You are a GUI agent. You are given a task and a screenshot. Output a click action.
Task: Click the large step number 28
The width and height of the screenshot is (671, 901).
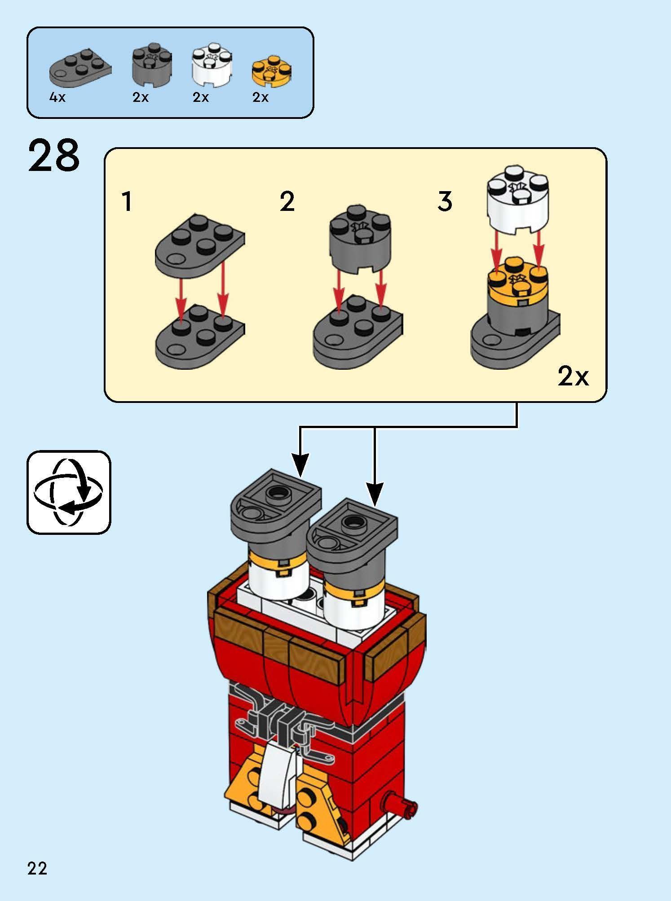(x=54, y=156)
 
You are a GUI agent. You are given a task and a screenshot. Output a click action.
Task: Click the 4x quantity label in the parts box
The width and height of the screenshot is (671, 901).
(x=57, y=97)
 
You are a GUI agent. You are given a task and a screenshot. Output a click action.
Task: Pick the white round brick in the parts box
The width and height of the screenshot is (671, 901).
(x=212, y=67)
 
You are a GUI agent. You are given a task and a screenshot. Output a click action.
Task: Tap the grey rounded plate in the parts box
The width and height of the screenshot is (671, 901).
(x=80, y=70)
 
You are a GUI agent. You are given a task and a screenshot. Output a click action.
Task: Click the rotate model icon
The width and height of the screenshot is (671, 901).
(x=69, y=492)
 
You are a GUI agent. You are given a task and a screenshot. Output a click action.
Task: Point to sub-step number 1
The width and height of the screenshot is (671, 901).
(x=128, y=201)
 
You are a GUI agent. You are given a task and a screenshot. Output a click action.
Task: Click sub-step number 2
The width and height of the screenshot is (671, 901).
(x=287, y=201)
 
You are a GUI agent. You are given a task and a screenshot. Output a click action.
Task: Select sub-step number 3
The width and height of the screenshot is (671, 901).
(x=445, y=201)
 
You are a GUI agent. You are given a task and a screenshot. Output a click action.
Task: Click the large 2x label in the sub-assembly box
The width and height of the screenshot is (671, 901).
(x=573, y=376)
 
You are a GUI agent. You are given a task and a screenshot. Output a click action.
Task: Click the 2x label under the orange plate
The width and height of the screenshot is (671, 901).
(x=260, y=97)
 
